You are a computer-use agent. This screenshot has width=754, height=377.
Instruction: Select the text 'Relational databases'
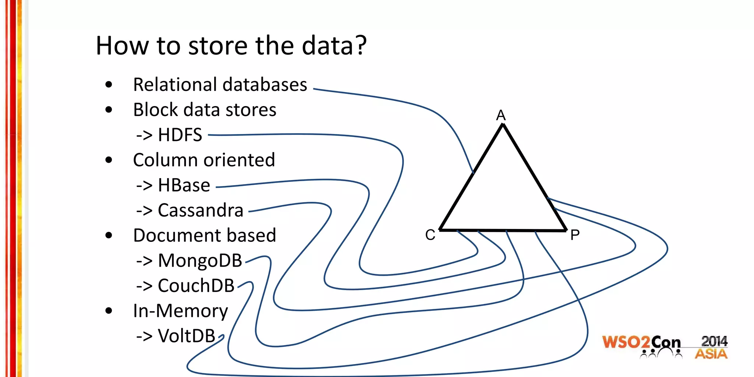click(220, 85)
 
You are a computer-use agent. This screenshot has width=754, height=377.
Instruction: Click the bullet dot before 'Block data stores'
click(109, 110)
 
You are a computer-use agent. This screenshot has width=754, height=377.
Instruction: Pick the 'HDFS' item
click(180, 135)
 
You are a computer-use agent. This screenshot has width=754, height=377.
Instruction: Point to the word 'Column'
click(165, 160)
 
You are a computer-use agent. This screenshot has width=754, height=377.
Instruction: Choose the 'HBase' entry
click(184, 185)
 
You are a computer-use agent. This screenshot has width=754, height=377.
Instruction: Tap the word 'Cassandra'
click(200, 211)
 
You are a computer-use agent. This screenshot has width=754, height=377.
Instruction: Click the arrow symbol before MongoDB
click(144, 261)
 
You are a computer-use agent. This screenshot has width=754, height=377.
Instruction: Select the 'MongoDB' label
click(200, 261)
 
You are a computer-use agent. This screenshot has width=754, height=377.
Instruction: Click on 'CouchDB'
click(196, 286)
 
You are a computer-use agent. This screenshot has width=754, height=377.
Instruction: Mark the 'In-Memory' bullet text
click(180, 311)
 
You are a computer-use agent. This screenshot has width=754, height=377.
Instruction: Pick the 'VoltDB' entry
click(186, 336)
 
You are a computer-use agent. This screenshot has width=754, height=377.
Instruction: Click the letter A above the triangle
click(501, 116)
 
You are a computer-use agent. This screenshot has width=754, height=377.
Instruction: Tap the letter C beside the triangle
click(430, 235)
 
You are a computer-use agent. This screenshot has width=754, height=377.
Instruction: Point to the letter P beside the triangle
click(575, 235)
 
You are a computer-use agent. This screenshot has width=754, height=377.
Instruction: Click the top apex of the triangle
click(503, 126)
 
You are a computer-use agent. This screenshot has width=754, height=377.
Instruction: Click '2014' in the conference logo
click(714, 341)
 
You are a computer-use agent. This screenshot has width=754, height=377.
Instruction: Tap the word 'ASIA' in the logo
click(711, 354)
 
